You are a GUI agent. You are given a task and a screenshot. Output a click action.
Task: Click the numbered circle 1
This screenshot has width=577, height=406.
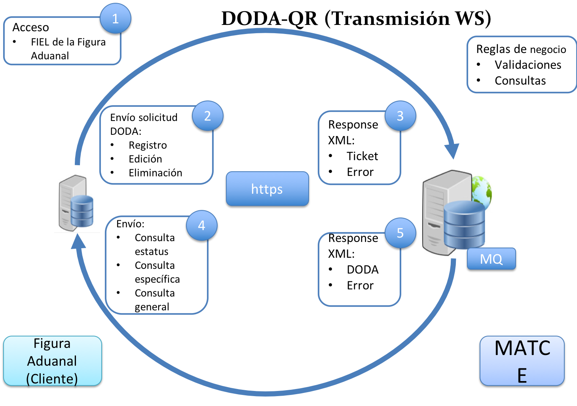[x=115, y=19]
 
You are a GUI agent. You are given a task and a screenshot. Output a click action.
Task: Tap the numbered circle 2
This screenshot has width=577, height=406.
[x=207, y=116]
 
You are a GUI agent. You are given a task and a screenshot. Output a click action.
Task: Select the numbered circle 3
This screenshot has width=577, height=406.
[x=400, y=116]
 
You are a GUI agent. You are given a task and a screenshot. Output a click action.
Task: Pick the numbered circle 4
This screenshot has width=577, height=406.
[x=201, y=225]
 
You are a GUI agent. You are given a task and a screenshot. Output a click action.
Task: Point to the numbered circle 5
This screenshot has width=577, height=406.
[x=400, y=233]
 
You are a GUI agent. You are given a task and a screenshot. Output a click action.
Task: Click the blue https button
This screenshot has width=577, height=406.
[x=267, y=189]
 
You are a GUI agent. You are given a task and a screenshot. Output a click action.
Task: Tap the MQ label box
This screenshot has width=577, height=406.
[x=491, y=259]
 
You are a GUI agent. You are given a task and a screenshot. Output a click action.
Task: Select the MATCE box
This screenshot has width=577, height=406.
[x=522, y=361]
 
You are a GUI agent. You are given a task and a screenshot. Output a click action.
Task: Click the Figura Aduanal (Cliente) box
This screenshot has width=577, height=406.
[x=52, y=361]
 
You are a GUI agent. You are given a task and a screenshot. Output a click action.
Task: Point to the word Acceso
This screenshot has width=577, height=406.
[x=30, y=27]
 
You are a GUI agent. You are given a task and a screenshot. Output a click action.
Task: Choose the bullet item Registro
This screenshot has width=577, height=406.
[x=148, y=145]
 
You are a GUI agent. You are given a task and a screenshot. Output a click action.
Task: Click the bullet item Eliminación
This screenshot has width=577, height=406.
[x=155, y=173]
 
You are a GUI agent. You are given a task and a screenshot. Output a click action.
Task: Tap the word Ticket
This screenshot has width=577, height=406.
[x=362, y=156]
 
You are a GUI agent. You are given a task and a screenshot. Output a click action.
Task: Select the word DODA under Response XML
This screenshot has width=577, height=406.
[x=363, y=270]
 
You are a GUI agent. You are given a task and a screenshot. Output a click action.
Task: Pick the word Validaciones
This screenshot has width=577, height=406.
[x=528, y=65]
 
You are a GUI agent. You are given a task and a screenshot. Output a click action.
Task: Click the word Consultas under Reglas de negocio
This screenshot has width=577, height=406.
[x=520, y=81]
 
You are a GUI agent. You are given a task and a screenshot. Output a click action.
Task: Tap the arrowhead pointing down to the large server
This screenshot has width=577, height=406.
[x=452, y=151]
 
